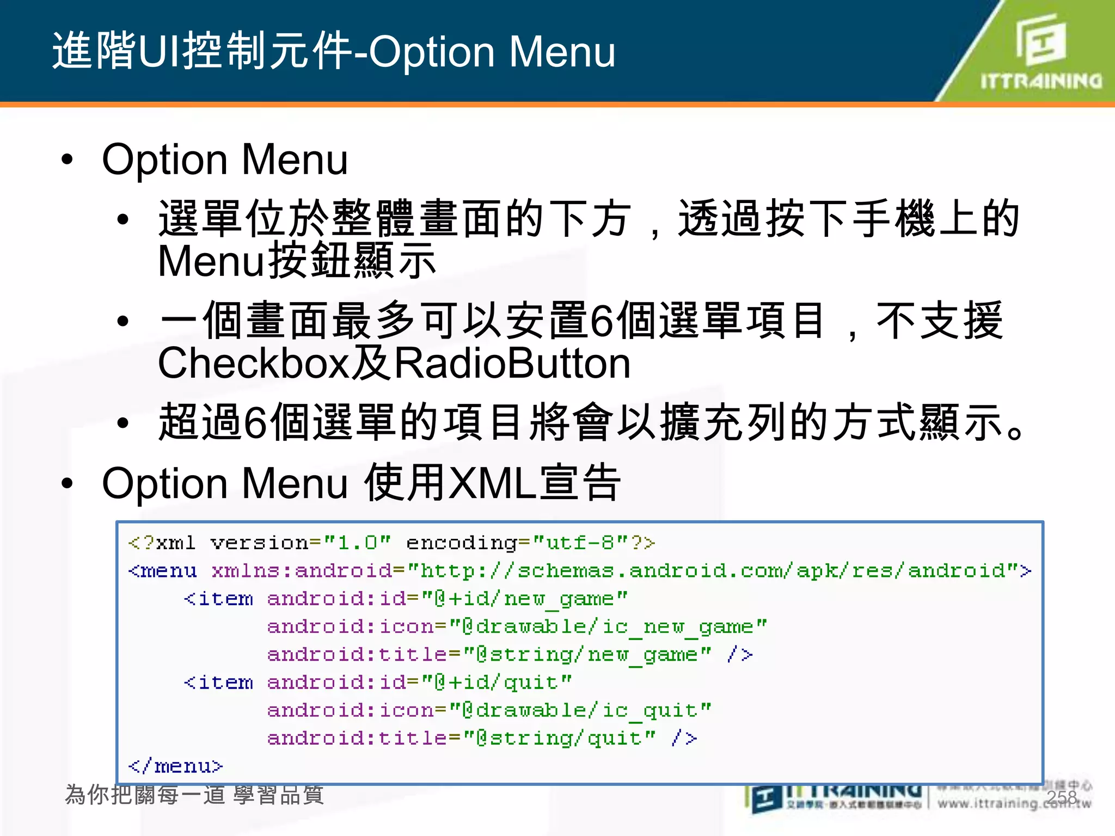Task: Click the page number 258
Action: point(1062,797)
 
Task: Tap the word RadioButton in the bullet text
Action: point(512,364)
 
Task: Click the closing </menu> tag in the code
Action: point(175,766)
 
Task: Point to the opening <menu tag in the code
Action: point(162,570)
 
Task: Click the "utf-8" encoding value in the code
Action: point(580,543)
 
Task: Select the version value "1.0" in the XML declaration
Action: point(357,543)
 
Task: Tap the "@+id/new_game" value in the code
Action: point(525,599)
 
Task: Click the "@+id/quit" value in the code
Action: point(497,682)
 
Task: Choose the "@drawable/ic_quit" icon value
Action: point(580,710)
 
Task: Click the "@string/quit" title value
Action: point(560,738)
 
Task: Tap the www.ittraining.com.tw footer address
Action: point(1014,803)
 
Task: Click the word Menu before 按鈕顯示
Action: point(211,261)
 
